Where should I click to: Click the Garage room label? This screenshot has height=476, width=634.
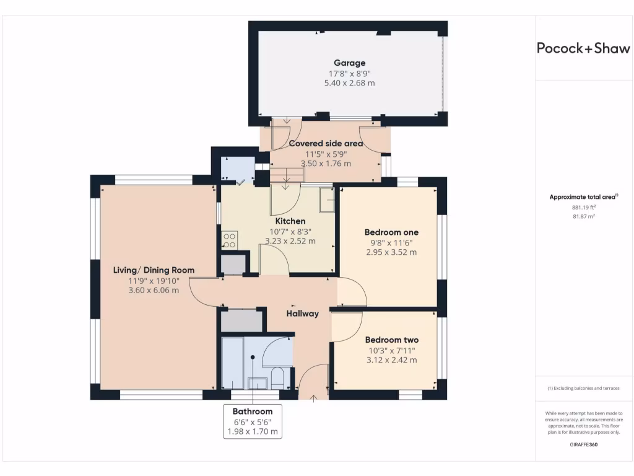click(x=349, y=63)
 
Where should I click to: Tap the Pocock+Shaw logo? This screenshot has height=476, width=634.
click(x=583, y=48)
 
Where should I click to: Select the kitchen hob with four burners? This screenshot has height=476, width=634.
click(x=229, y=240)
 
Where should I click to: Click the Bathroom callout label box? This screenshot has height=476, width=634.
click(x=253, y=421)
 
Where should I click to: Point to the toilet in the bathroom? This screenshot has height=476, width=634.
click(x=277, y=377)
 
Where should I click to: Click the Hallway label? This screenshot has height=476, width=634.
click(x=302, y=313)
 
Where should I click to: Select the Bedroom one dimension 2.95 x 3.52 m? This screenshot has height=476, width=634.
click(x=391, y=252)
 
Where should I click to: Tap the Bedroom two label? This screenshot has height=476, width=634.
click(x=391, y=340)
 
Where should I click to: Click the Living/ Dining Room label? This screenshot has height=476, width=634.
click(x=154, y=270)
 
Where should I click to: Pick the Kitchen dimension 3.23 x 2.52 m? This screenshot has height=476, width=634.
click(x=290, y=241)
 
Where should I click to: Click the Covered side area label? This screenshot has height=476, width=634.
click(x=326, y=143)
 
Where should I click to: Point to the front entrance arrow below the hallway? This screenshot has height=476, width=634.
click(x=313, y=399)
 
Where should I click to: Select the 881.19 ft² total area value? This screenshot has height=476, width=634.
click(x=583, y=207)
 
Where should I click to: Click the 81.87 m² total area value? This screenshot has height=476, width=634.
click(x=583, y=216)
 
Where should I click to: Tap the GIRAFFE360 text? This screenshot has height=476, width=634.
click(x=583, y=444)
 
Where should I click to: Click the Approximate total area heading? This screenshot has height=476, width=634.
click(x=583, y=197)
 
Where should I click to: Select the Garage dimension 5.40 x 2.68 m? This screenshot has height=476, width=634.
click(x=349, y=83)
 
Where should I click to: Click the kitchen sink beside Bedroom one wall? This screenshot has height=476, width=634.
click(x=327, y=200)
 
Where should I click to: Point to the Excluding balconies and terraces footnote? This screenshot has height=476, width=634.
click(x=583, y=388)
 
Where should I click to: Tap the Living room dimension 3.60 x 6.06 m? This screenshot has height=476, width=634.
click(x=154, y=290)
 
